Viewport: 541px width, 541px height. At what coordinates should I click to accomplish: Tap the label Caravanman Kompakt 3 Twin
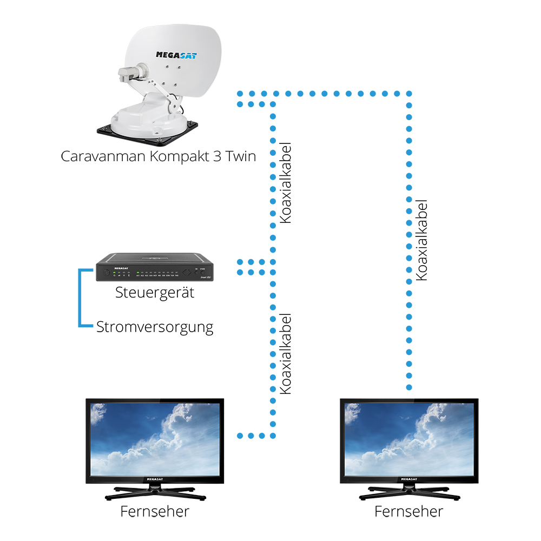click(159, 156)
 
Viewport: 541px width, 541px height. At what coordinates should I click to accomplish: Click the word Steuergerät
click(155, 293)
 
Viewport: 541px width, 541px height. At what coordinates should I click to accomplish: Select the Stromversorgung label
click(155, 327)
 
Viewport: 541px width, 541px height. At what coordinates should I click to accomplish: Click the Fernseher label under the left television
click(155, 511)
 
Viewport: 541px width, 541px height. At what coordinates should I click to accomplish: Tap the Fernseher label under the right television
click(409, 511)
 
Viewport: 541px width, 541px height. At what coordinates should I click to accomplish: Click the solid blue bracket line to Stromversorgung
click(81, 298)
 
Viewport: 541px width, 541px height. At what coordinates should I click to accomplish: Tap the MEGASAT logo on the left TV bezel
click(155, 479)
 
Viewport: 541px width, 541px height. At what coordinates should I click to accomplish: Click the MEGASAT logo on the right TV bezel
click(409, 479)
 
